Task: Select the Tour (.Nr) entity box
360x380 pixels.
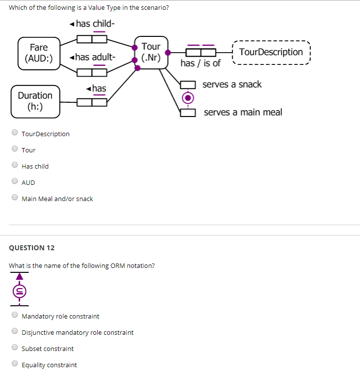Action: coord(151,52)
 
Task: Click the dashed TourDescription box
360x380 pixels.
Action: coord(271,52)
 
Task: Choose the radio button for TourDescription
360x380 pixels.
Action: coord(15,133)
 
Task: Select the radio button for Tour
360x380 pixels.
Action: coord(15,149)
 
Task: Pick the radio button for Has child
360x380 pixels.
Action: coord(15,166)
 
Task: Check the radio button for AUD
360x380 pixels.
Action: coord(15,182)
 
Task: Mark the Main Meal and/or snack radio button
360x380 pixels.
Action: coord(15,198)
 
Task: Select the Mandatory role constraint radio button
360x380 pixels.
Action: coord(15,316)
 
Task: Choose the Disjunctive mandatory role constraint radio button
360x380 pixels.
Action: coord(15,332)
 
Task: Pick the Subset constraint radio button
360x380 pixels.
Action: coord(15,348)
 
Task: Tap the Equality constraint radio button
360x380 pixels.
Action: coord(15,364)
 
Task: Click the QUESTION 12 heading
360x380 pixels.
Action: coord(32,248)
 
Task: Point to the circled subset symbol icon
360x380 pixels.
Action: coord(19,291)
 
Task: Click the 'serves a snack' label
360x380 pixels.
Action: coord(232,85)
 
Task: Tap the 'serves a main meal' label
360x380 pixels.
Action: coord(243,113)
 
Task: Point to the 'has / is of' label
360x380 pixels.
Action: coord(200,63)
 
